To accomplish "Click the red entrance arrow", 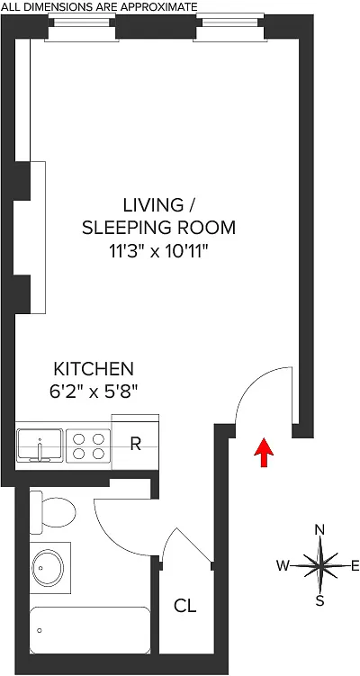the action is (264, 452).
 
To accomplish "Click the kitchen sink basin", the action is (40, 446).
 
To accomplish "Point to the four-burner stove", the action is (88, 446).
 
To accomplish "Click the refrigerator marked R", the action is (135, 443).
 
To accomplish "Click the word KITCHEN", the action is (94, 369).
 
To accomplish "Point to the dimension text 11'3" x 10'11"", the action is (158, 251).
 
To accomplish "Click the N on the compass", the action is (319, 530).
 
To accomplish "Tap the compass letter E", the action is (355, 565).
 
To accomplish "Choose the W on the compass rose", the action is (283, 565).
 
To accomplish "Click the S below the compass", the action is (319, 601).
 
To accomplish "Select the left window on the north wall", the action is (82, 27).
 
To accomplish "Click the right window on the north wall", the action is (229, 27).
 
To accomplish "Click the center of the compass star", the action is (319, 565).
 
